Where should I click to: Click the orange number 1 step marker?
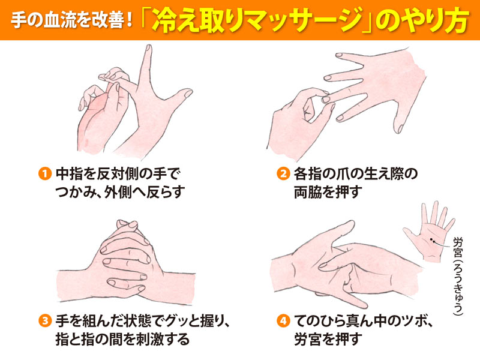44,174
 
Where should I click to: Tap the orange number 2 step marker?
283,174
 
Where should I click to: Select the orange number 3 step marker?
44,321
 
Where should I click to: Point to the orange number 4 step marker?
283,321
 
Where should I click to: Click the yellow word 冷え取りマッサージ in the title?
257,20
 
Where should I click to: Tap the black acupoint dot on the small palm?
431,239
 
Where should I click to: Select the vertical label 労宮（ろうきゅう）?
458,276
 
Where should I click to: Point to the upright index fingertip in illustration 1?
148,49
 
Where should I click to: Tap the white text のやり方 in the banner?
422,20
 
